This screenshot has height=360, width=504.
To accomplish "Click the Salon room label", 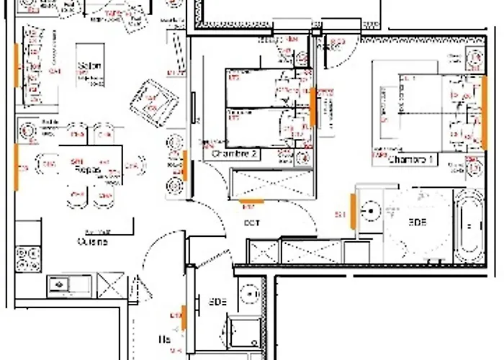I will pos(90,66).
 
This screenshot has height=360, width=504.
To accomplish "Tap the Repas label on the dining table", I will pos(86,170).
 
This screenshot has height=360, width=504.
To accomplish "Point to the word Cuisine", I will pos(92,242).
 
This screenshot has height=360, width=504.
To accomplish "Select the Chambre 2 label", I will pos(232,154).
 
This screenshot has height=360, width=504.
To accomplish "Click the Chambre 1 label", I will pos(410,159).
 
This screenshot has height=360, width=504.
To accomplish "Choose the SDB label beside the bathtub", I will pos(417,222).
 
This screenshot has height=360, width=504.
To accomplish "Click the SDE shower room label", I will pos(218,302).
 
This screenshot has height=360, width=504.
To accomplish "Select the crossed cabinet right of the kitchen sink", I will pos(111,284).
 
